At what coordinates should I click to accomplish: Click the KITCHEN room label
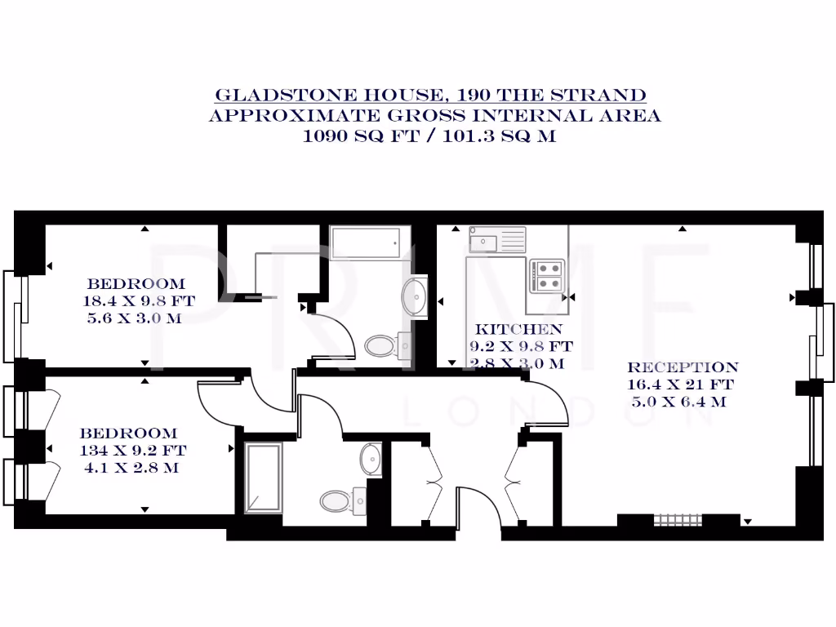tap(518, 330)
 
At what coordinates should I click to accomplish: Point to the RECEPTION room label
tap(683, 367)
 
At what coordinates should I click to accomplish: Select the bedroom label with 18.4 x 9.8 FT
tap(136, 284)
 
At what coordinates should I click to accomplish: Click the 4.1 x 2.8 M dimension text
tap(132, 468)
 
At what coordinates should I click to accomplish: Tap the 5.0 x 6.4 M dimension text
tap(679, 402)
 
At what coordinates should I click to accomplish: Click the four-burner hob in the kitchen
tap(546, 275)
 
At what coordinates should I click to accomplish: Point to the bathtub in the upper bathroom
tap(365, 242)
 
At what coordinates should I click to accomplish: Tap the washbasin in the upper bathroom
tap(416, 296)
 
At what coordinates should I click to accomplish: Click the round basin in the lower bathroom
tap(371, 459)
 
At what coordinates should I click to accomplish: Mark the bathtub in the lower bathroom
tap(263, 477)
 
